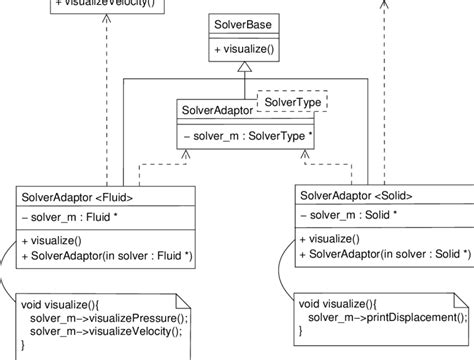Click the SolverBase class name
click(241, 23)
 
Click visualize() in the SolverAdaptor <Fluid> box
click(56, 241)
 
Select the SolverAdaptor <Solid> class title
click(357, 195)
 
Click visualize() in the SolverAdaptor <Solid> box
click(335, 239)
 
